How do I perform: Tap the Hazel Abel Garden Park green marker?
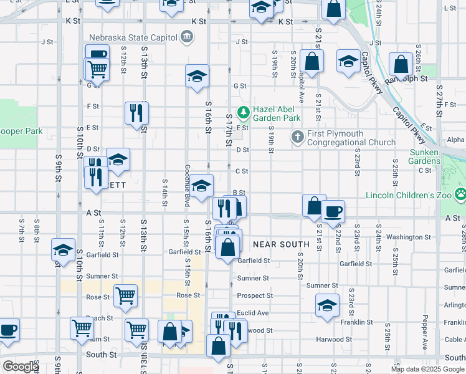coord(242,113)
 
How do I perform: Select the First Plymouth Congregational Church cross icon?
coord(298,137)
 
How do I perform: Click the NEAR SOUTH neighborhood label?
coord(281,244)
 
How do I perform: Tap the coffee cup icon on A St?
coord(333,211)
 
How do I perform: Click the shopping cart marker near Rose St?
coord(125,295)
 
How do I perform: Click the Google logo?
coord(21,367)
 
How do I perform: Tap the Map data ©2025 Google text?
coord(427,369)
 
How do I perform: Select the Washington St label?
coord(409,237)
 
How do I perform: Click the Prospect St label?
coord(255,295)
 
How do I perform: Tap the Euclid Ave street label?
coord(252,313)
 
